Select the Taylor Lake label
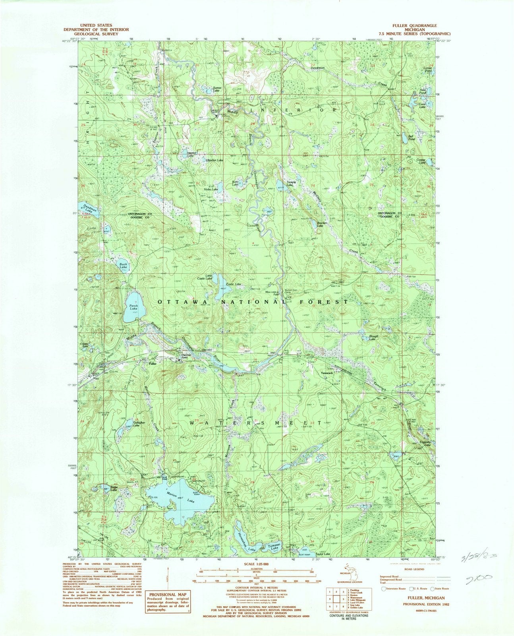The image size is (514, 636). pyautogui.click(x=323, y=554)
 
